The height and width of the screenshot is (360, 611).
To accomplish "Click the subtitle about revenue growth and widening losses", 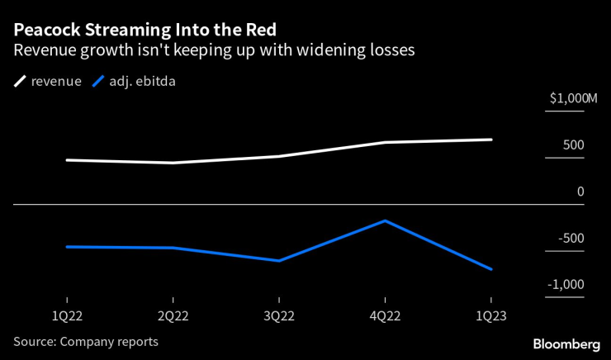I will (214, 50).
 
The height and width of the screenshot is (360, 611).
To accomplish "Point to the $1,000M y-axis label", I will (573, 99).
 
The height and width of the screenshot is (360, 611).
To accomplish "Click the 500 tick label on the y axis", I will (573, 145).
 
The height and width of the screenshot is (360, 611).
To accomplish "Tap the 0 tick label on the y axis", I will (580, 192).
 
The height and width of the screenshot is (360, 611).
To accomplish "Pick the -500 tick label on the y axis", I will (571, 239).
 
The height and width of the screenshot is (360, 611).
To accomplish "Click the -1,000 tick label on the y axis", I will (566, 285).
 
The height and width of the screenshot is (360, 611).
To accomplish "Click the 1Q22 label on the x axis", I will (66, 315).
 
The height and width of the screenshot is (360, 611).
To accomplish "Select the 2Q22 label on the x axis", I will (173, 315).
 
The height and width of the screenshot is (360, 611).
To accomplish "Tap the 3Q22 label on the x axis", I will (279, 315).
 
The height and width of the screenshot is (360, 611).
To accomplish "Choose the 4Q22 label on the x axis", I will (385, 315).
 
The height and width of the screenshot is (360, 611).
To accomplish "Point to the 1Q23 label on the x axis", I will (491, 315).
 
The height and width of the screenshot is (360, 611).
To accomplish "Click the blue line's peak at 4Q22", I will (385, 220).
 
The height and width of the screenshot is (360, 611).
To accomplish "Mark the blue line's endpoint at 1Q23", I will (491, 269).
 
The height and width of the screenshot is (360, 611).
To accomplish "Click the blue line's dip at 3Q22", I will (279, 261).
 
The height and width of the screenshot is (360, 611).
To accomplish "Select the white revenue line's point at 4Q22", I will (385, 143).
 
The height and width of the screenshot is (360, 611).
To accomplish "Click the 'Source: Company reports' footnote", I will (86, 341).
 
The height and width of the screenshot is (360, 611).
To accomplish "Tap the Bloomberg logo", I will (566, 343).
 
